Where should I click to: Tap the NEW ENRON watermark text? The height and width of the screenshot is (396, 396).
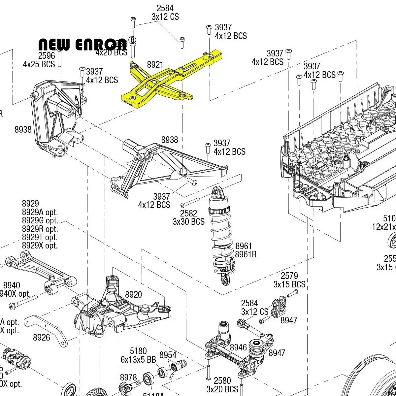coord(82,45)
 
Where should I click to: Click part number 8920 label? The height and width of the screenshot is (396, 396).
coord(133,295)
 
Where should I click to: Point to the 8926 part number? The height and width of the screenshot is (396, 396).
coord(42,337)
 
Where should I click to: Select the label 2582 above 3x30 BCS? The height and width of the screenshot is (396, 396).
coord(188,213)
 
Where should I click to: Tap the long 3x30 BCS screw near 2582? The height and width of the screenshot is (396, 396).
coord(190,202)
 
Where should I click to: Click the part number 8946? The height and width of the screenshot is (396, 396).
coord(238,347)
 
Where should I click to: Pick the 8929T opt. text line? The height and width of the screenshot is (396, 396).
coord(40,237)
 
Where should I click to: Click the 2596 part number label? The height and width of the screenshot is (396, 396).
coord(47,55)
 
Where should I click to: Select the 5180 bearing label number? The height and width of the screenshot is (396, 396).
coord(138,351)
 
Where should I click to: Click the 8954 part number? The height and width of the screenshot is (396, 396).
coord(168,355)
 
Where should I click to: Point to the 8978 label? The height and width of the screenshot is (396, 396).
coord(128,377)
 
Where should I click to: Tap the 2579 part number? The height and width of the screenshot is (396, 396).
coord(289,276)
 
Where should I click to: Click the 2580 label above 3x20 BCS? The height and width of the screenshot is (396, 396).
coord(222,380)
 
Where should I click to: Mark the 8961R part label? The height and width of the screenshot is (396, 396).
coord(246,254)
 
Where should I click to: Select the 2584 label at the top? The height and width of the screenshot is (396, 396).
coord(165,8)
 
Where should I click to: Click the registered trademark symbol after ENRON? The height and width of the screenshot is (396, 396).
coord(132,40)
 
